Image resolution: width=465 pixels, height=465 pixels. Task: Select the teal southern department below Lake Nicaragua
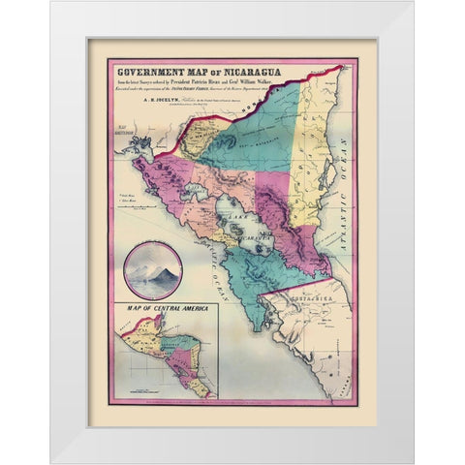[x=237, y=291]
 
